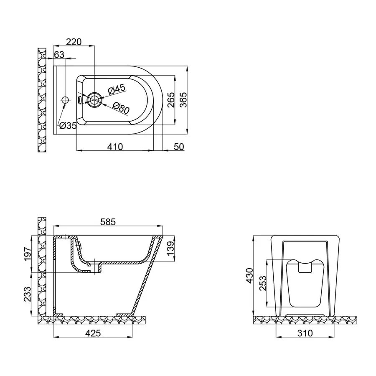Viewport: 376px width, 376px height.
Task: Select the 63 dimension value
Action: [x=59, y=54]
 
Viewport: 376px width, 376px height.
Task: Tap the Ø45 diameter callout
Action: [x=117, y=89]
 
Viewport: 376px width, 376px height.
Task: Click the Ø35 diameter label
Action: [x=68, y=125]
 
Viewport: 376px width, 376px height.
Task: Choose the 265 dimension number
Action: [x=170, y=100]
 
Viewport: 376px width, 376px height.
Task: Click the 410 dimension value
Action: [x=114, y=147]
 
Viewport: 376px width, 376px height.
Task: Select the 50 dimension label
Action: [x=178, y=147]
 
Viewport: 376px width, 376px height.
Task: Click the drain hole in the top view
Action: [x=95, y=100]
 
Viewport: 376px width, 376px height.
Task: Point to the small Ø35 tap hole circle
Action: [x=65, y=100]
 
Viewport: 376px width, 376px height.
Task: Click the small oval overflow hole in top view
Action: [x=80, y=100]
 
